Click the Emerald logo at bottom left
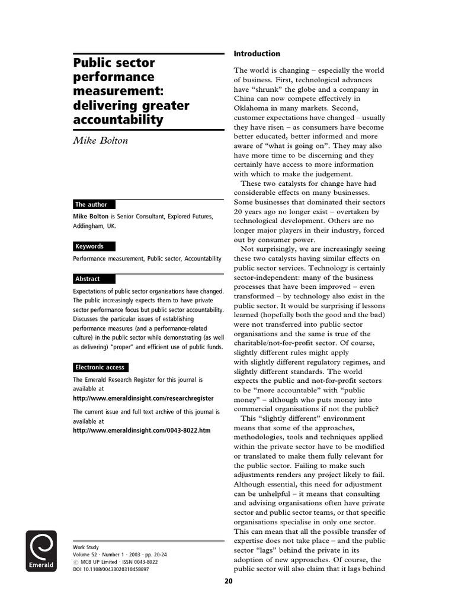tap(41, 551)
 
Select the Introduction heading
tap(257, 54)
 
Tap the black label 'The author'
tap(91, 204)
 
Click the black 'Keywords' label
tap(89, 246)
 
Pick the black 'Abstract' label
tap(88, 279)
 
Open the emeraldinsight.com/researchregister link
tap(143, 399)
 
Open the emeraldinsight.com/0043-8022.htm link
tap(141, 430)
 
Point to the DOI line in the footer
tap(110, 569)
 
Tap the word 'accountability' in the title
tap(118, 120)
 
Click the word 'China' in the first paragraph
tap(244, 99)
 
